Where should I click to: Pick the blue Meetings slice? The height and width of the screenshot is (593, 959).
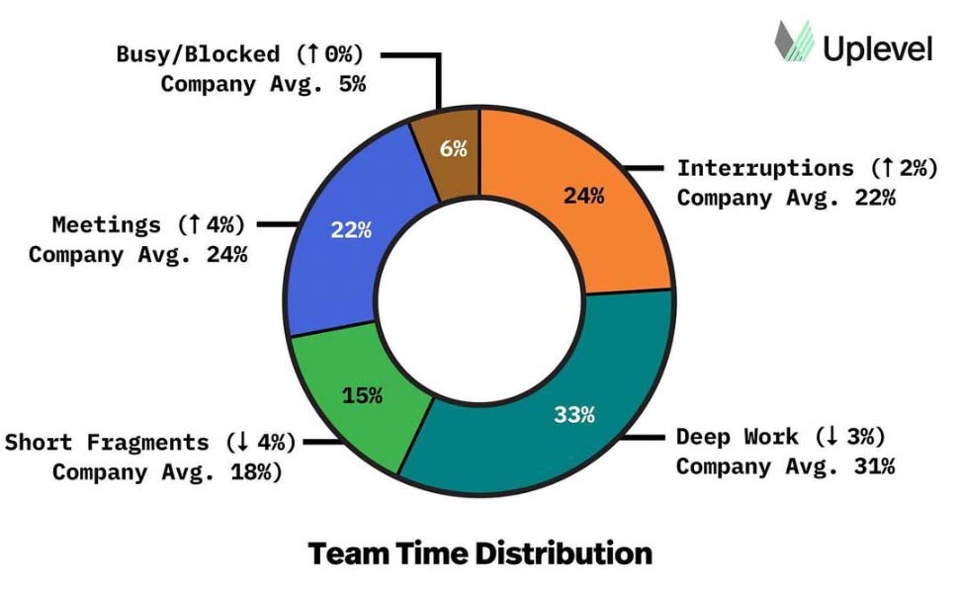346,237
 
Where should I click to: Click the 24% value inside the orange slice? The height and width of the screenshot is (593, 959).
583,196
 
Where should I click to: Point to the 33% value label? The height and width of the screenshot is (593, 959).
573,414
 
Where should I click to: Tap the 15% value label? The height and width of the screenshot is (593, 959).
363,395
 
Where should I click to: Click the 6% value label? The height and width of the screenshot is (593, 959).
454,149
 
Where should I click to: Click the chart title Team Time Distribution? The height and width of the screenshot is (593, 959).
479,553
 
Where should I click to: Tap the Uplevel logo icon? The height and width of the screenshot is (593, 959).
794,43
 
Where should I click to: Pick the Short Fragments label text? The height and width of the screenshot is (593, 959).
107,442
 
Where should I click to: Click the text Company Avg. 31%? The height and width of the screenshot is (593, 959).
786,466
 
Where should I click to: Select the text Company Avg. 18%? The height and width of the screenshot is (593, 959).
167,471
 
